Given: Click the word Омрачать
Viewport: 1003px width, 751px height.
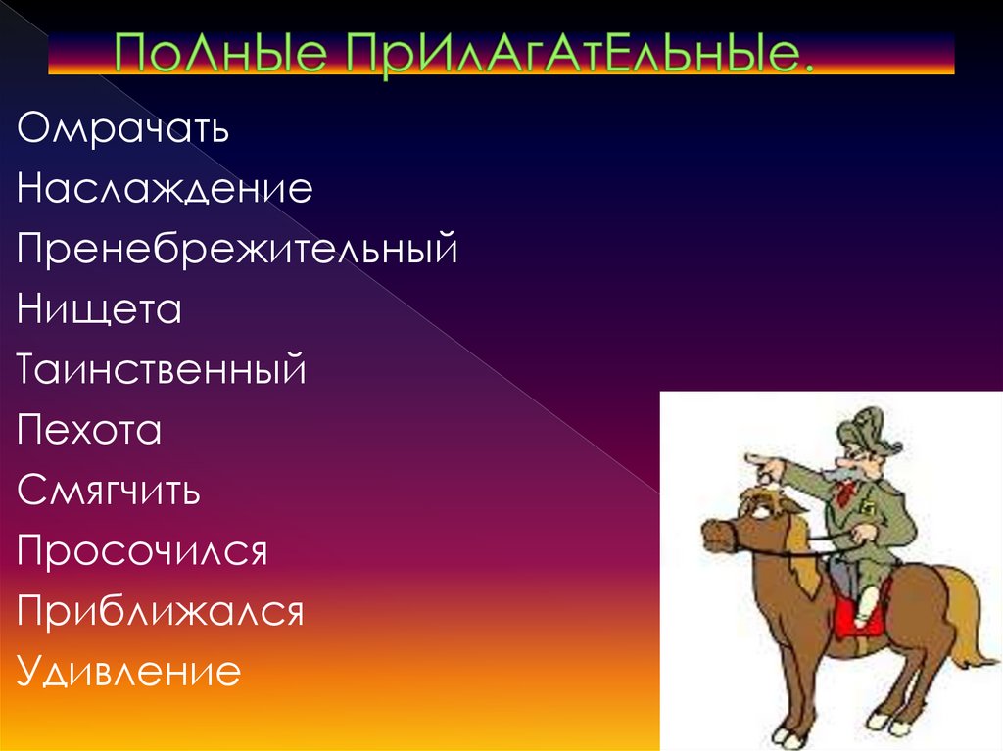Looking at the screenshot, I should [122, 129].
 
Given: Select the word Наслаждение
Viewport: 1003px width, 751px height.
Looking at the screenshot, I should [165, 189].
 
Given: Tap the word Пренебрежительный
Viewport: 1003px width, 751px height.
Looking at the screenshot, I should [237, 249].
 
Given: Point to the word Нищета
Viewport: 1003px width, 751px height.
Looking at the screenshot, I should [99, 310].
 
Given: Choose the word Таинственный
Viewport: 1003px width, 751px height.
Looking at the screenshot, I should [162, 370].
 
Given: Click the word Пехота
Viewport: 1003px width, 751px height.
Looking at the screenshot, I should [88, 431].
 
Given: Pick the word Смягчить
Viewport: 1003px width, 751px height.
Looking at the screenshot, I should [109, 492].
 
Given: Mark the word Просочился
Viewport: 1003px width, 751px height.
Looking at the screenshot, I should [142, 551].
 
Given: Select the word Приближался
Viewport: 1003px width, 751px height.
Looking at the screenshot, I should [160, 613].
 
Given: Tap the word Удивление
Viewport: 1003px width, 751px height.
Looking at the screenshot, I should [128, 673].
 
